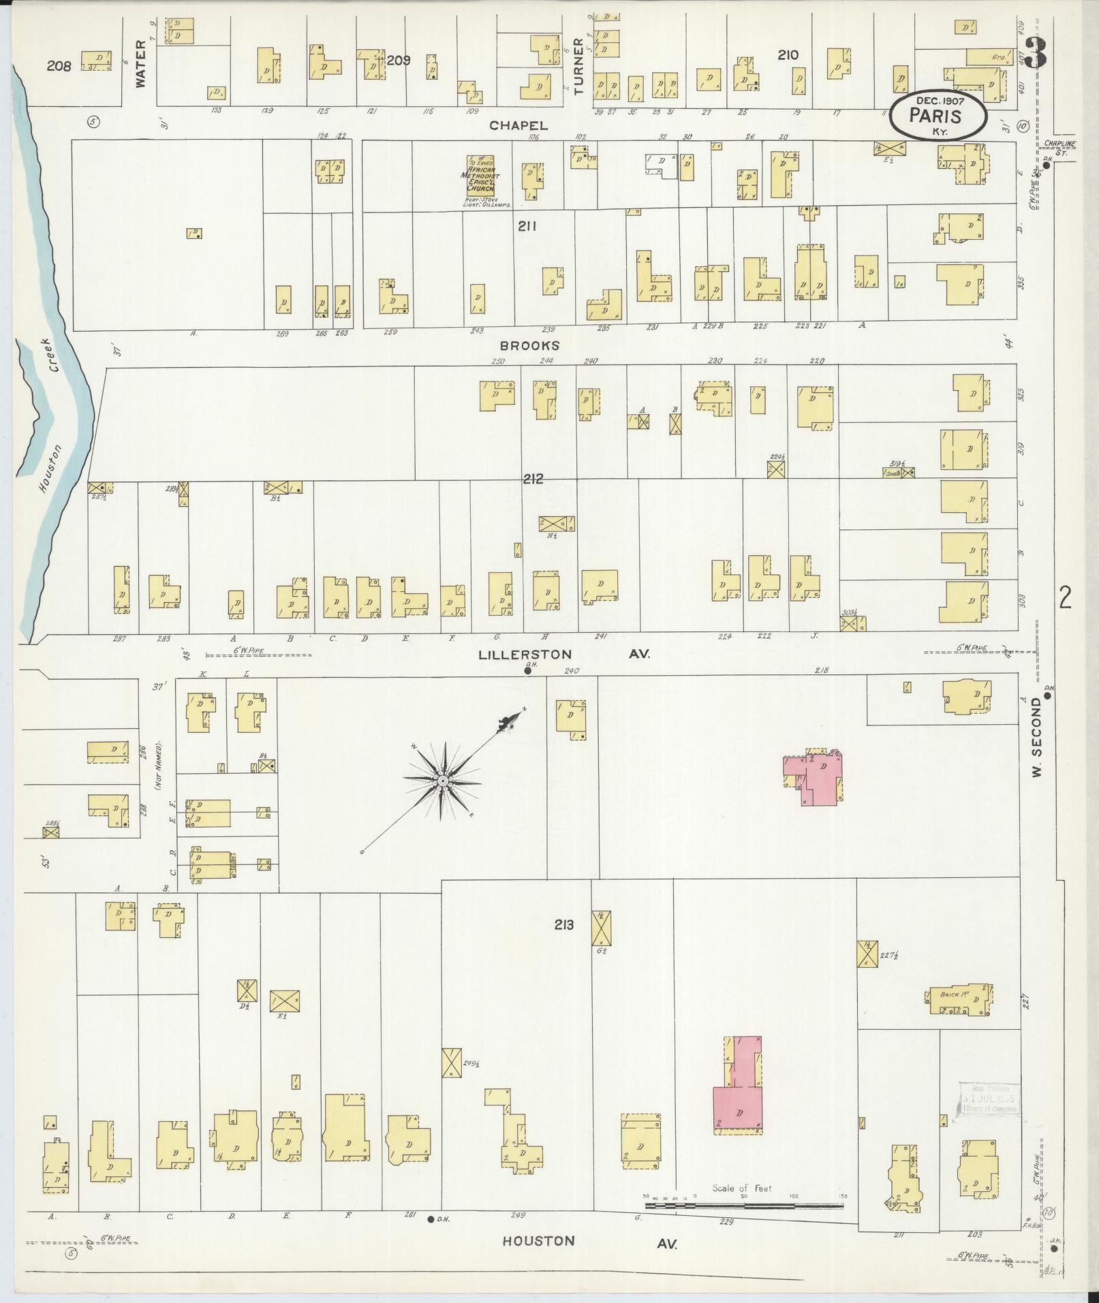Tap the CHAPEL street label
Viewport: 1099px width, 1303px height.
click(x=519, y=125)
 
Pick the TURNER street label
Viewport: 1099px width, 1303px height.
click(x=578, y=65)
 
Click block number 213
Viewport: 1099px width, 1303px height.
click(x=563, y=924)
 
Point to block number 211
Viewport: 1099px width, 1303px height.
click(x=527, y=226)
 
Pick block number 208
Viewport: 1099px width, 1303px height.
click(x=59, y=66)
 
